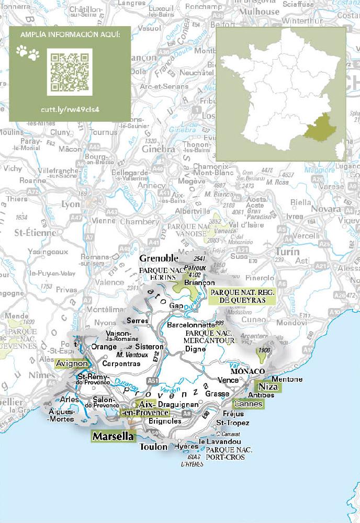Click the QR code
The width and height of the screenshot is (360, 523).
70,72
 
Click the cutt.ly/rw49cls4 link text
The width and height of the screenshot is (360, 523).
70,110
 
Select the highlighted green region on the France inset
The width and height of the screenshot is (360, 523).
318,129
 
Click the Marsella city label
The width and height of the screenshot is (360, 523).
113,436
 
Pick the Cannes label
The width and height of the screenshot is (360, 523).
248,404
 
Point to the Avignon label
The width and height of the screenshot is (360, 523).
71,363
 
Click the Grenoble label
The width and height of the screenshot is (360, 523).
159,258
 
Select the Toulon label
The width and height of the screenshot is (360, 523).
153,447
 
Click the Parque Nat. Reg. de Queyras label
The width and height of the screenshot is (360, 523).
242,296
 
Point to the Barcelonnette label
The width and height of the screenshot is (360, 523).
190,324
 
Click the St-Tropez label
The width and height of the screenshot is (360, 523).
233,423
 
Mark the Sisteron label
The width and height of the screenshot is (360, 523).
149,347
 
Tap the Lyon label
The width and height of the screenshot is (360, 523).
71,204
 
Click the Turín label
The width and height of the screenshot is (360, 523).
287,252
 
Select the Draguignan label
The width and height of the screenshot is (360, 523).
176,404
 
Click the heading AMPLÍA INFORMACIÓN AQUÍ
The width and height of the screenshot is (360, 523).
70,35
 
